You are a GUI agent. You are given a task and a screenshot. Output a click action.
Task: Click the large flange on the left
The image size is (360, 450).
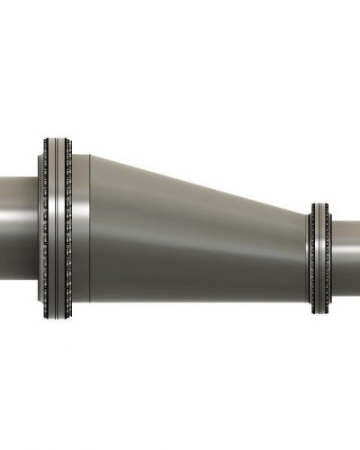pyautogui.click(x=56, y=227)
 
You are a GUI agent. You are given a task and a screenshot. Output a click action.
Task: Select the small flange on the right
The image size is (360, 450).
pyautogui.click(x=319, y=259)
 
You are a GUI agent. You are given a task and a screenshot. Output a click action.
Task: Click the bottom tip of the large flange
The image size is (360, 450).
pyautogui.click(x=56, y=317)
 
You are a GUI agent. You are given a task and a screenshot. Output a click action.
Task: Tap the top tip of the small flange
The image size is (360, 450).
pyautogui.click(x=319, y=204)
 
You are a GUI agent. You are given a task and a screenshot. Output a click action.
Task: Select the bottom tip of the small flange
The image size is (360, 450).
pyautogui.click(x=319, y=313)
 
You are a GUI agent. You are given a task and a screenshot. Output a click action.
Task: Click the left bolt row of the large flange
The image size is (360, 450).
pyautogui.click(x=43, y=227)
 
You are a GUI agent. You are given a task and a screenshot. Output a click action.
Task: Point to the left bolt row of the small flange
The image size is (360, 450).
pyautogui.click(x=313, y=259)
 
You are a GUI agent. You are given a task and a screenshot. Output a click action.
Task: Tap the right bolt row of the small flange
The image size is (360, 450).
pyautogui.click(x=328, y=259)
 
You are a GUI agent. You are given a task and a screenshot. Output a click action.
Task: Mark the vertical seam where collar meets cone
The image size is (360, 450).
pyautogui.click(x=91, y=229)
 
